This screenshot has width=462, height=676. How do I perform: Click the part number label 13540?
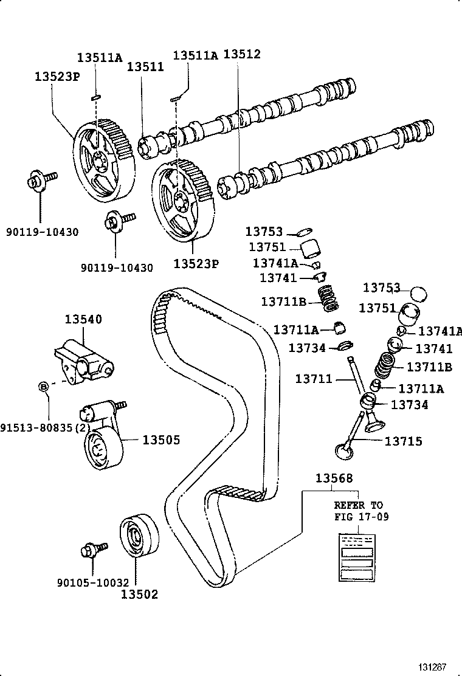[83, 319]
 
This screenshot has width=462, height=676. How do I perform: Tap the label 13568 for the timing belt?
[333, 478]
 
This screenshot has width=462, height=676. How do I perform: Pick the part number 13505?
[161, 440]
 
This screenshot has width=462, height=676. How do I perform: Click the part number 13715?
[403, 441]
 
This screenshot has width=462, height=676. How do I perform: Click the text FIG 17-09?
[361, 517]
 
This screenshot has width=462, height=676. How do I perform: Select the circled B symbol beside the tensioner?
[44, 386]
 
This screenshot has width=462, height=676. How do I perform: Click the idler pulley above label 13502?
[139, 534]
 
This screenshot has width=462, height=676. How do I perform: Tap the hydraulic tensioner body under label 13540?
[84, 363]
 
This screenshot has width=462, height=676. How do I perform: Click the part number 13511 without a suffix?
[145, 67]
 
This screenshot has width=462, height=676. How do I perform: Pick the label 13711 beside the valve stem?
[314, 379]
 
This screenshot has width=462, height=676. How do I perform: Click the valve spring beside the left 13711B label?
[328, 297]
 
